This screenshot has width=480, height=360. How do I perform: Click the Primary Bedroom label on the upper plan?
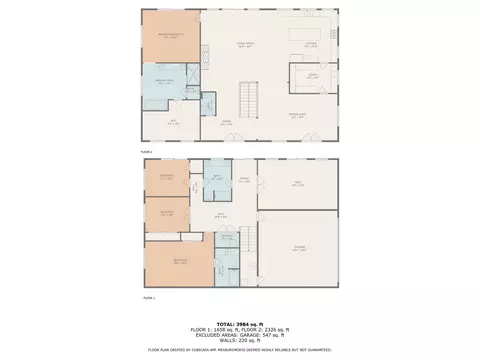pos(170,36)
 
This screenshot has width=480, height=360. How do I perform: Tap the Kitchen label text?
pos(311,43)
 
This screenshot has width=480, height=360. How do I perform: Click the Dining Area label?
pos(297,116)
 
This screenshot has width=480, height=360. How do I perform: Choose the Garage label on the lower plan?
pos(298,248)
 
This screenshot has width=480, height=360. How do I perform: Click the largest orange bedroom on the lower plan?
pos(179,262)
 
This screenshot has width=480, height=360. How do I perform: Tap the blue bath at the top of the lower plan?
pos(217,176)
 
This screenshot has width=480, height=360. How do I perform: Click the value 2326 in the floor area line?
pos(273,329)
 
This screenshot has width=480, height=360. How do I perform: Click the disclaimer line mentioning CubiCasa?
pos(240,349)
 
